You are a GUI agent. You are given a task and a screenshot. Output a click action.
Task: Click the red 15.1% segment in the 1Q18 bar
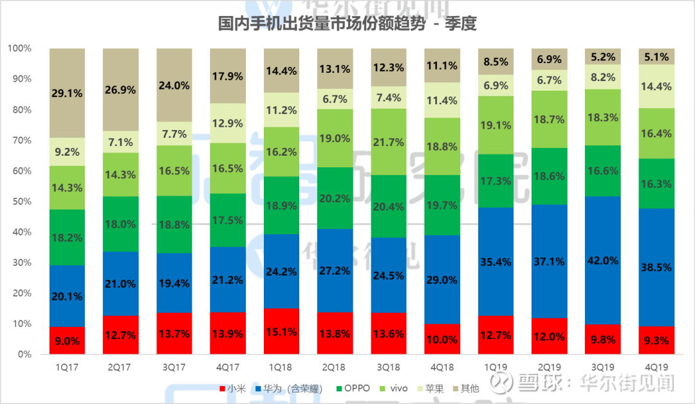[x=281, y=331]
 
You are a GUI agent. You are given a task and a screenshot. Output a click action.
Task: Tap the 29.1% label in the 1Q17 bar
[x=67, y=93]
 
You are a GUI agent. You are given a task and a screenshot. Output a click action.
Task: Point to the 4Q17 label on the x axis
[x=228, y=367]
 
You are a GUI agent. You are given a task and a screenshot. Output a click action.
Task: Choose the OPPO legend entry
[x=353, y=389]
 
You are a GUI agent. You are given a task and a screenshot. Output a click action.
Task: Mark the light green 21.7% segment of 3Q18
[x=388, y=142]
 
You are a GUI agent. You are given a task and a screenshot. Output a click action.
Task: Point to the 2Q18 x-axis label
[x=335, y=367]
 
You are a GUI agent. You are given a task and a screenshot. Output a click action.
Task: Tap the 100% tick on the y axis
[x=21, y=48]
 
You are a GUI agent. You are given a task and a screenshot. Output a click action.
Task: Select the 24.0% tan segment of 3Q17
[x=174, y=85]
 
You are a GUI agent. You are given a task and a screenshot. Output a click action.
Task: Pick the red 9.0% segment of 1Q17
[x=67, y=340]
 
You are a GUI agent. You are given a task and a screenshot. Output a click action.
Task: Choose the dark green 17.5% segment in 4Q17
[x=228, y=220]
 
